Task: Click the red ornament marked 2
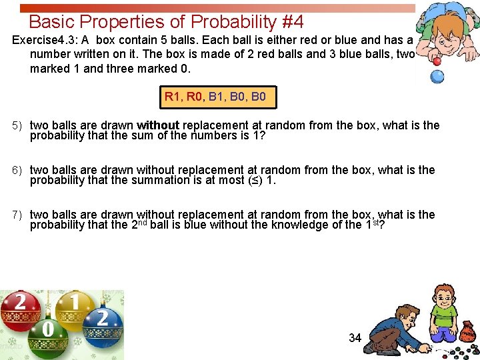(21, 311)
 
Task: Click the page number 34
(355, 338)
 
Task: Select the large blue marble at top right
(437, 76)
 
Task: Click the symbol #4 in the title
(293, 21)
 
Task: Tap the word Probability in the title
(223, 21)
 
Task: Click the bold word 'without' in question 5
(158, 125)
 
